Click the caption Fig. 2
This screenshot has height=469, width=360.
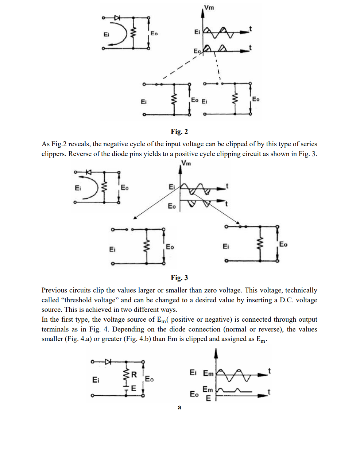pyautogui.click(x=179, y=131)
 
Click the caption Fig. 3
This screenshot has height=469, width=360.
pyautogui.click(x=179, y=278)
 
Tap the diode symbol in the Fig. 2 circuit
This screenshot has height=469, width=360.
pyautogui.click(x=117, y=18)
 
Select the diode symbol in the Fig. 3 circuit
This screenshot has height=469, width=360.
pyautogui.click(x=88, y=172)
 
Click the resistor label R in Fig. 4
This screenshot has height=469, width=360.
pyautogui.click(x=134, y=374)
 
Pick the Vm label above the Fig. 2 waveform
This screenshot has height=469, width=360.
pyautogui.click(x=209, y=7)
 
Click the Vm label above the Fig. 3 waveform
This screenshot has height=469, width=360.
pyautogui.click(x=186, y=163)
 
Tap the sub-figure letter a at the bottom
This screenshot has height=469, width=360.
pyautogui.click(x=179, y=407)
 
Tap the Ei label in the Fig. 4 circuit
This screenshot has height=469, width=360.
pyautogui.click(x=96, y=380)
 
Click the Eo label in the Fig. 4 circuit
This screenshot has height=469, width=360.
pyautogui.click(x=149, y=379)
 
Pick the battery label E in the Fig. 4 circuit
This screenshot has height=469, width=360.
pyautogui.click(x=133, y=388)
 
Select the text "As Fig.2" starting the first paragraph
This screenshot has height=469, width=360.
pyautogui.click(x=54, y=144)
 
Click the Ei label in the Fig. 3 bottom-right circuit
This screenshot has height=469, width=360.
pyautogui.click(x=226, y=247)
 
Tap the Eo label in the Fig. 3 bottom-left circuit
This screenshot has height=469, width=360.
pyautogui.click(x=170, y=247)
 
